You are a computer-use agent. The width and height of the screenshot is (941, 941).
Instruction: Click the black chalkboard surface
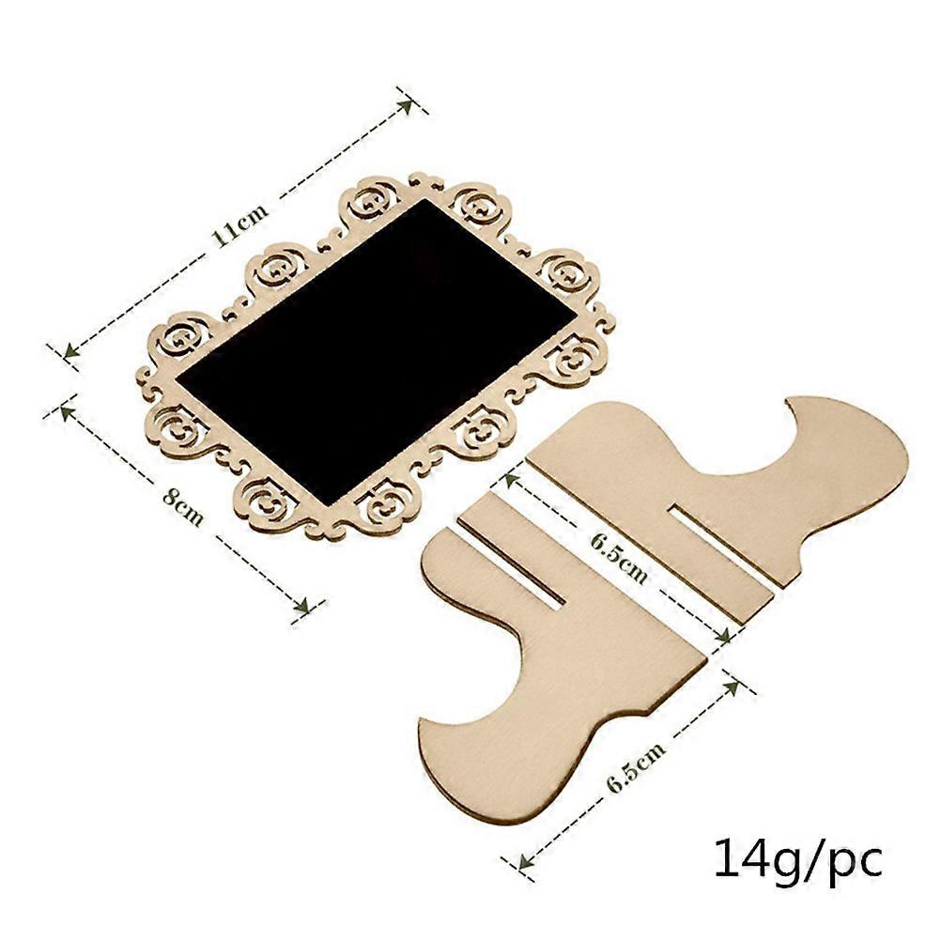pos(376,347)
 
